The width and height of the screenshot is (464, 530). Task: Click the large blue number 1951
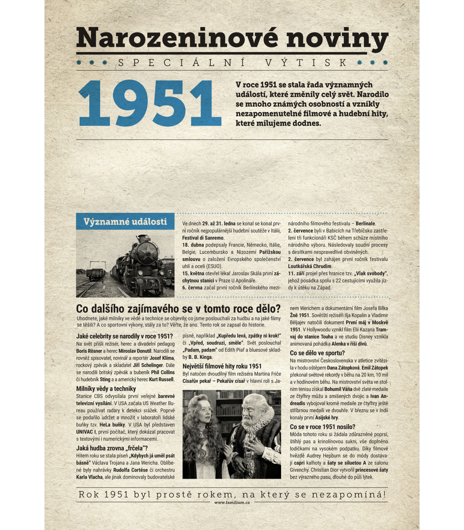coord(150,104)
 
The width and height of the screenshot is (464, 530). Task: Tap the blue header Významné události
coord(125,222)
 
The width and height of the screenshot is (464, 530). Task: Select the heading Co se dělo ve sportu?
coord(317,353)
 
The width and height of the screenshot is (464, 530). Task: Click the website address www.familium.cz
coord(232,503)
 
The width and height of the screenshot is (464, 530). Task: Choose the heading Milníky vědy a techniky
coord(106,389)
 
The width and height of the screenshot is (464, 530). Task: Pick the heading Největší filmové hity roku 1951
coord(222,366)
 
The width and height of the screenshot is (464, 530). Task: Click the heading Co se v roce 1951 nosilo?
coord(322,427)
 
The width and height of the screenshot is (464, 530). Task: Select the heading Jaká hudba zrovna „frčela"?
coord(112,448)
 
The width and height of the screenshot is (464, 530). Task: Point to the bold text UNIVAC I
coord(86,432)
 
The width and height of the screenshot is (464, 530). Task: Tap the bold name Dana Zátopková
coord(343,368)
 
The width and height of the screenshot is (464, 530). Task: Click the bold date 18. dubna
coord(193,245)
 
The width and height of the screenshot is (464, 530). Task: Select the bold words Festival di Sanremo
coord(203,238)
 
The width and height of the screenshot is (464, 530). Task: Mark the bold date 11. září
coord(296,273)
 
